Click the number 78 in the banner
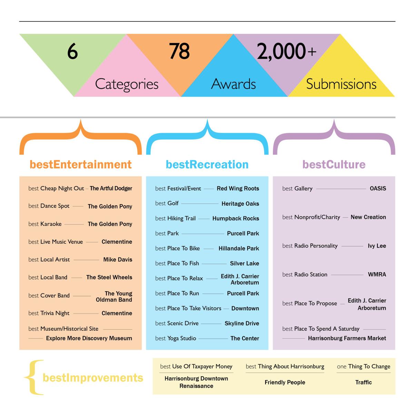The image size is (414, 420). pyautogui.click(x=179, y=51)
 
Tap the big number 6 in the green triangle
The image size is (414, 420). pyautogui.click(x=72, y=52)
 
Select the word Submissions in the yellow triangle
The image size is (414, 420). pyautogui.click(x=341, y=84)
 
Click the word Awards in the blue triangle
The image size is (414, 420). pyautogui.click(x=234, y=84)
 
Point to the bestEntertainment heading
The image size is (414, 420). pyautogui.click(x=80, y=165)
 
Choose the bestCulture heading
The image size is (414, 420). pyautogui.click(x=334, y=165)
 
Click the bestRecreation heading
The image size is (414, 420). pyautogui.click(x=207, y=165)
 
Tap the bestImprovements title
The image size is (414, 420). pyautogui.click(x=93, y=378)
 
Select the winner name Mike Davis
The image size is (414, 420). pyautogui.click(x=118, y=260)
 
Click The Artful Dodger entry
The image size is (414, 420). pyautogui.click(x=111, y=188)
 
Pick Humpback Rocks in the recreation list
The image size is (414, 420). pyautogui.click(x=236, y=218)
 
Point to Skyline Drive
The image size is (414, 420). pyautogui.click(x=241, y=323)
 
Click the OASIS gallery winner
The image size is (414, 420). pyautogui.click(x=378, y=188)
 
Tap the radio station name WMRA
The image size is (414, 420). pyautogui.click(x=377, y=274)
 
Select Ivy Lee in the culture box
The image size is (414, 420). pyautogui.click(x=377, y=246)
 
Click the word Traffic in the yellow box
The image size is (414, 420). pyautogui.click(x=363, y=382)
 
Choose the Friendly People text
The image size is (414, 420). pyautogui.click(x=285, y=382)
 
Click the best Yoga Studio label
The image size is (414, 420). pyautogui.click(x=176, y=339)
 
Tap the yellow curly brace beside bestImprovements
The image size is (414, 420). pyautogui.click(x=33, y=377)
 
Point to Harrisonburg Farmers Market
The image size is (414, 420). pyautogui.click(x=347, y=339)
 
